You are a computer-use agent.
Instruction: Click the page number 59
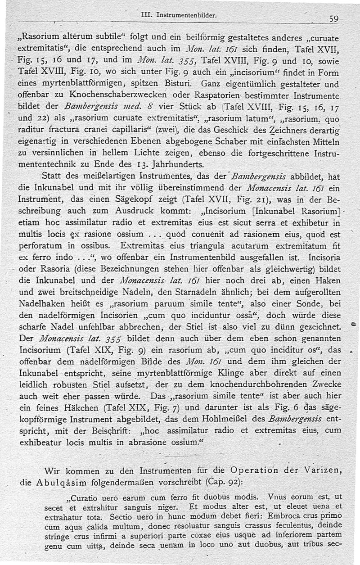tap(333, 19)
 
